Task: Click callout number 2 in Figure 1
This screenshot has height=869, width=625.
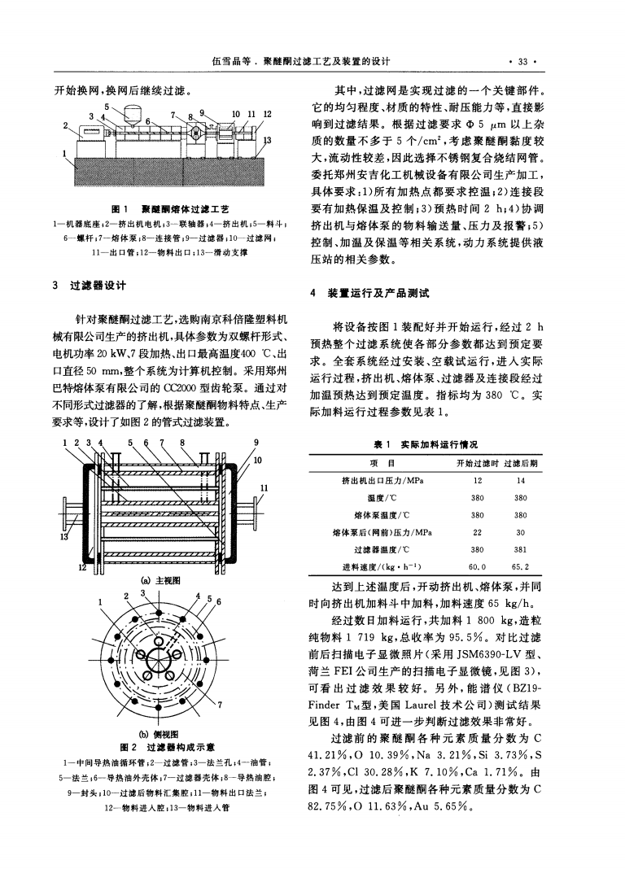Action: coord(63,126)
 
